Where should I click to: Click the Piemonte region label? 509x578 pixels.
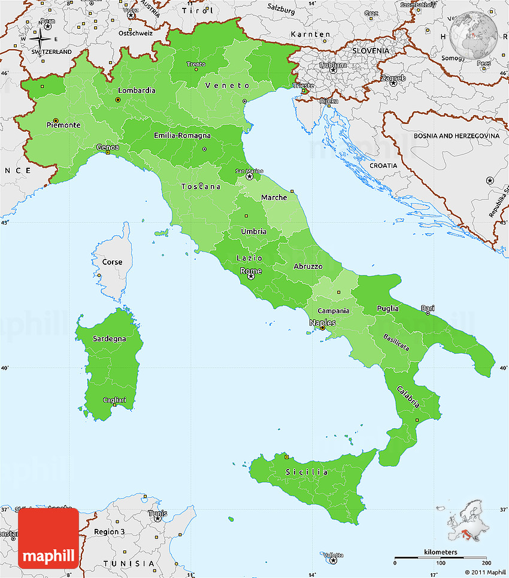(x=63, y=125)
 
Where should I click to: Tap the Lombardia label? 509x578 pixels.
(x=137, y=90)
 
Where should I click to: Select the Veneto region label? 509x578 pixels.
(x=227, y=86)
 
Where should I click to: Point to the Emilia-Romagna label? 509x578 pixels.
(x=182, y=135)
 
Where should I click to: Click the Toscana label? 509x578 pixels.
(x=201, y=186)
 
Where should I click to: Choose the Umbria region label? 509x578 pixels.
(x=254, y=231)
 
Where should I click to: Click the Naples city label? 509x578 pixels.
(x=322, y=322)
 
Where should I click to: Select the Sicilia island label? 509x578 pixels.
(x=307, y=472)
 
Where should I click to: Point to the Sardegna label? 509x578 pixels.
(x=110, y=338)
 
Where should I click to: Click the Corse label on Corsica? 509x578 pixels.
(x=112, y=262)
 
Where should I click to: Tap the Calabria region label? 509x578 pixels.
(x=408, y=397)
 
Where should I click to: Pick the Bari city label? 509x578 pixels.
(x=428, y=308)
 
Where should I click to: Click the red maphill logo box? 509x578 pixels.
(x=48, y=538)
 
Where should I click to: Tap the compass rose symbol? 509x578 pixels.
(x=41, y=41)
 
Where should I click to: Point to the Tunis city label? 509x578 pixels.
(x=157, y=513)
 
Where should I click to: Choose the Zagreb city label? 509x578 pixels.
(x=393, y=78)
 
